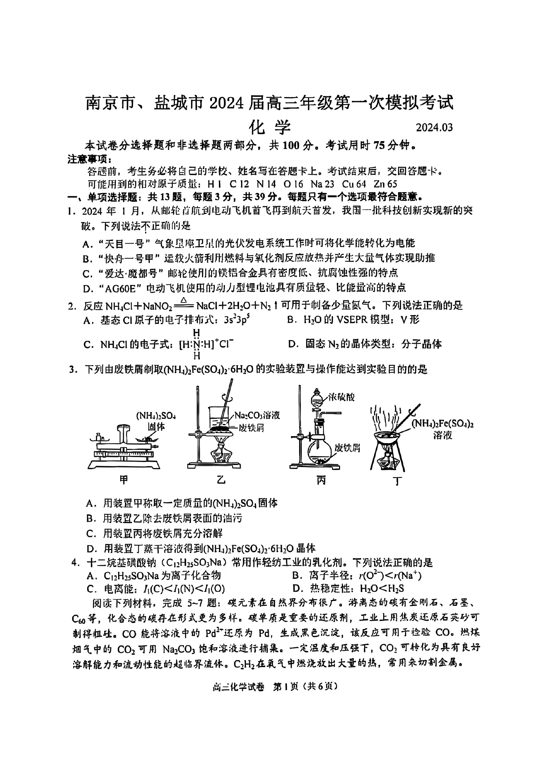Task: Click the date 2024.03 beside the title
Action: [434, 127]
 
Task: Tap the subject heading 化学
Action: [270, 127]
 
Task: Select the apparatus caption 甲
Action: [124, 479]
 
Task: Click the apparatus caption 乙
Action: [221, 479]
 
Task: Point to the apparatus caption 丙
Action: [321, 480]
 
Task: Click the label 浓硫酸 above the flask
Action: [341, 397]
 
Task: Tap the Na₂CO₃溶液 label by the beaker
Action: [257, 415]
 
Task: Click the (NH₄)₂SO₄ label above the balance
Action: [156, 416]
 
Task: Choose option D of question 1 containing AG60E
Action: [244, 288]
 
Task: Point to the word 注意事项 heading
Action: [87, 159]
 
